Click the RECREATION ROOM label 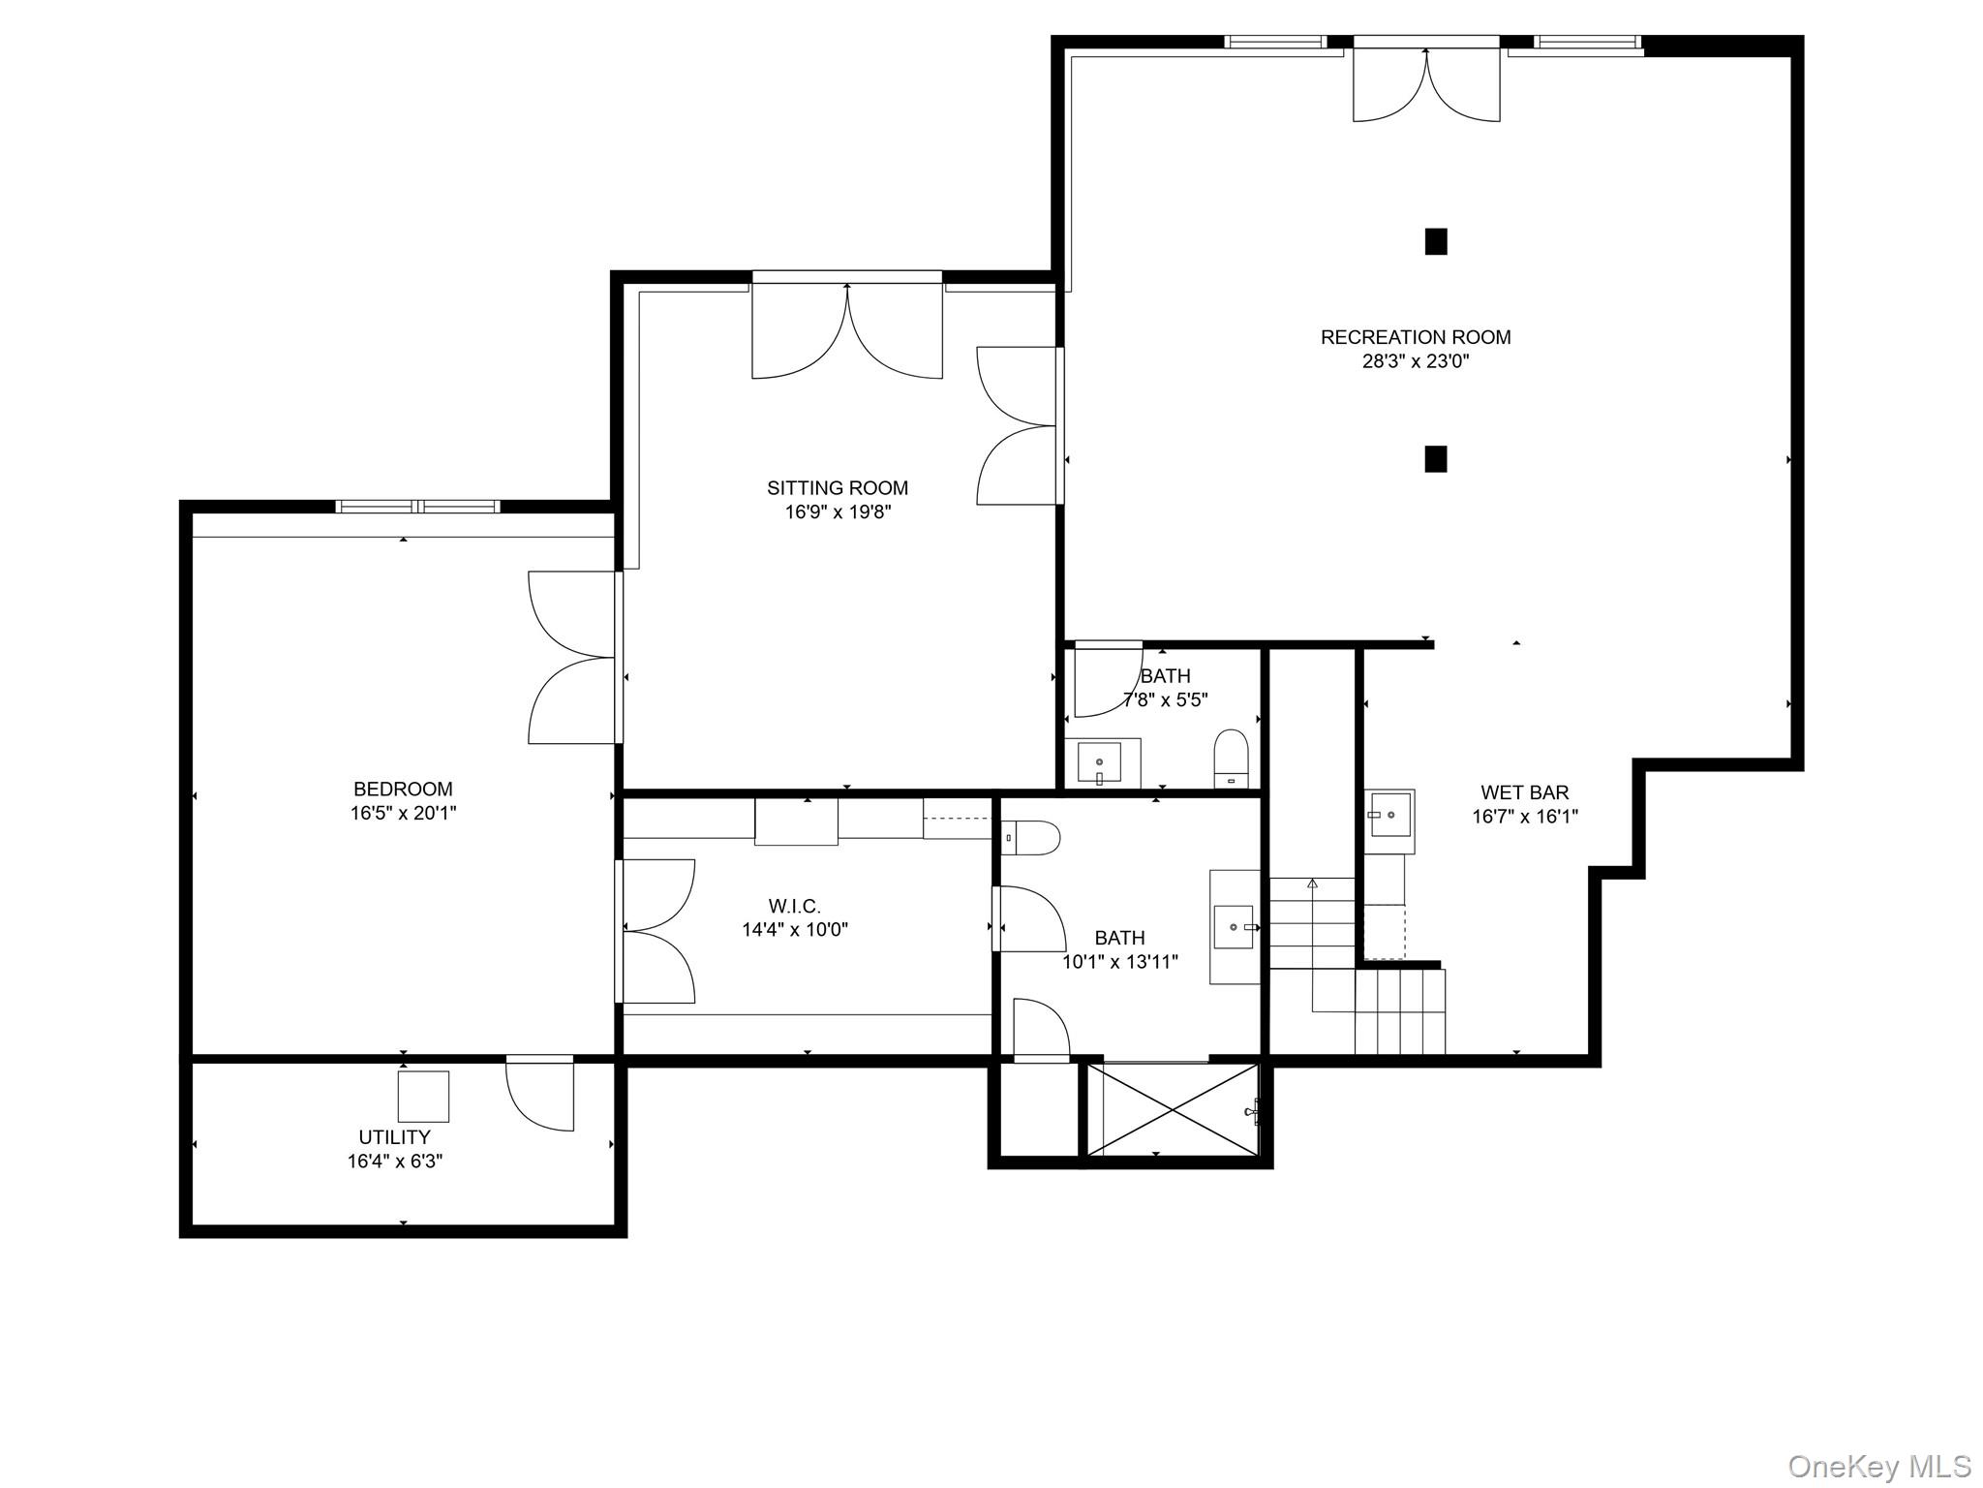1415,337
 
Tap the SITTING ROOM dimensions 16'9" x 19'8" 838,512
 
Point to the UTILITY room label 394,1137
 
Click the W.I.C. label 794,907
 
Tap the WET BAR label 1524,792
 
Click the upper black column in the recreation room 1435,241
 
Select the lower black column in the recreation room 1435,459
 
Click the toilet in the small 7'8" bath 1231,759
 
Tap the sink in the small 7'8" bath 1100,761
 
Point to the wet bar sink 1389,814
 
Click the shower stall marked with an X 1173,1109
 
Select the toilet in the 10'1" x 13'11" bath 1030,837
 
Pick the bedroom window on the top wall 417,506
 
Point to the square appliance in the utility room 423,1096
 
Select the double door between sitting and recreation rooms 1020,426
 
